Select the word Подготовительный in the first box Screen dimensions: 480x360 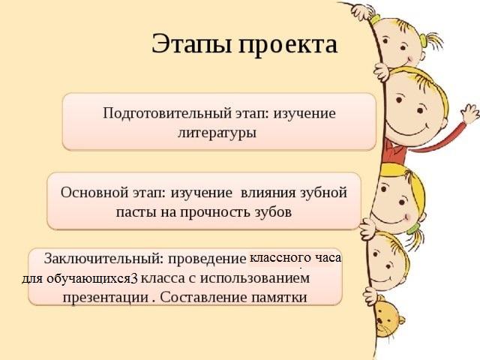coord(167,114)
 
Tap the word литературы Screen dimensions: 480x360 coord(217,133)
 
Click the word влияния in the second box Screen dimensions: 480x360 coord(268,193)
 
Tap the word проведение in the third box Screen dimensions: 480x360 coord(207,259)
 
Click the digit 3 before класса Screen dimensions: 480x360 coord(134,278)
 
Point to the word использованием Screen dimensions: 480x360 coord(255,278)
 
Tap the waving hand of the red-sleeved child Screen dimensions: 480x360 coord(470,113)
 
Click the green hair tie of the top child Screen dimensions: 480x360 coord(424,40)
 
